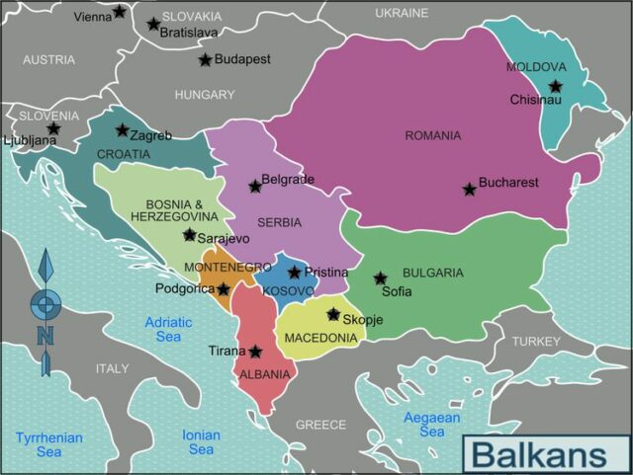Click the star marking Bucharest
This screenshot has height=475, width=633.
pos(470,189)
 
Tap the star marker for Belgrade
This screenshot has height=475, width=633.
pos(255,186)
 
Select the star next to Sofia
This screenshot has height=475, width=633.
pos(380,278)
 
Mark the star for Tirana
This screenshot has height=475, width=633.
pos(255,352)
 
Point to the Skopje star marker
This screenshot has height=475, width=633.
pos(333,315)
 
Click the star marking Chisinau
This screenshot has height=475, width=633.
pos(556,86)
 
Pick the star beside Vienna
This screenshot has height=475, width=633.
pos(120,12)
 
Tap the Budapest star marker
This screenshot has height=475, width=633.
pos(205,60)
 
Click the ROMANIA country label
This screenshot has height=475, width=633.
pos(433,135)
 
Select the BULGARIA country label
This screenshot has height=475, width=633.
pos(432,273)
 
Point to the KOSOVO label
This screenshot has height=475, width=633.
pos(288,291)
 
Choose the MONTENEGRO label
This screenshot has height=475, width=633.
pos(228,268)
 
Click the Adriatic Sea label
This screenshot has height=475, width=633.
pos(169,329)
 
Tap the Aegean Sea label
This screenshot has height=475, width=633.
pos(431,425)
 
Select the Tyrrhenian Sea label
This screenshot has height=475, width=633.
pos(48,444)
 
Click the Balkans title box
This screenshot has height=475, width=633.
pos(544,454)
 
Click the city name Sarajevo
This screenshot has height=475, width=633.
pos(224,238)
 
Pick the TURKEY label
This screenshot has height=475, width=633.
pos(536,341)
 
